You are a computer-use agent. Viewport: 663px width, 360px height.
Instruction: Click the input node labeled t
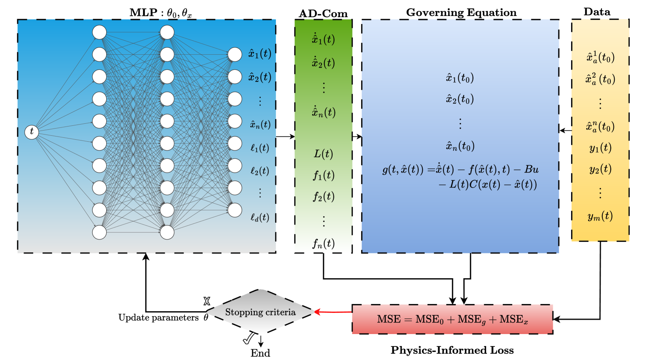tap(32, 132)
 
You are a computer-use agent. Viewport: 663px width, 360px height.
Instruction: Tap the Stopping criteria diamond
tap(260, 312)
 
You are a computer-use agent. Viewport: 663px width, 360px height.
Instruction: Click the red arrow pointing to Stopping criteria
tap(333, 312)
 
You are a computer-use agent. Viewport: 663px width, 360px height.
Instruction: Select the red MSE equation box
tap(452, 319)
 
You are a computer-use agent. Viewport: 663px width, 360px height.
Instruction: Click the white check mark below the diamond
tap(249, 338)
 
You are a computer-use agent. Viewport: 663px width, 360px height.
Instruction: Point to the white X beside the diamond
tap(207, 301)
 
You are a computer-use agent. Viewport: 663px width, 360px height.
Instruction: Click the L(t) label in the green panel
tap(323, 154)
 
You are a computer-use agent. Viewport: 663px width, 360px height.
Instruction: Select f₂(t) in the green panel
tap(323, 196)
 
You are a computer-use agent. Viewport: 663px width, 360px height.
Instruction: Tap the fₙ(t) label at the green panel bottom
tap(323, 243)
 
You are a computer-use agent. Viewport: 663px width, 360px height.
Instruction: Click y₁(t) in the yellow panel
tap(600, 148)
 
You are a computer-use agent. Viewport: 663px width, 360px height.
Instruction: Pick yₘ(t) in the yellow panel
tap(600, 216)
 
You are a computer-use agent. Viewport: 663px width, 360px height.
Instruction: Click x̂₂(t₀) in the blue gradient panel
tap(460, 99)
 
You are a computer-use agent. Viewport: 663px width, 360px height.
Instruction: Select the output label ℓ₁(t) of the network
tap(259, 148)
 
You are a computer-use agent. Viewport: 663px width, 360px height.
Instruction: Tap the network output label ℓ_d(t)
tap(259, 218)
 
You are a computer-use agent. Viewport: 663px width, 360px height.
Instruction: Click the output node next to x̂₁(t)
tap(235, 55)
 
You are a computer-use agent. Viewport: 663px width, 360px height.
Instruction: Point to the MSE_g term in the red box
tap(471, 320)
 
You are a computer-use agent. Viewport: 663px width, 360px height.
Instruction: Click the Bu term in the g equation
tap(531, 170)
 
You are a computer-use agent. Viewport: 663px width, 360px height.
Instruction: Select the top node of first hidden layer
tap(99, 32)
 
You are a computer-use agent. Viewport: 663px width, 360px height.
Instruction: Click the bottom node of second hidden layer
tap(167, 232)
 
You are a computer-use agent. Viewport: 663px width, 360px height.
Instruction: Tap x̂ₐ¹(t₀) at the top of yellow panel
tap(600, 57)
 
